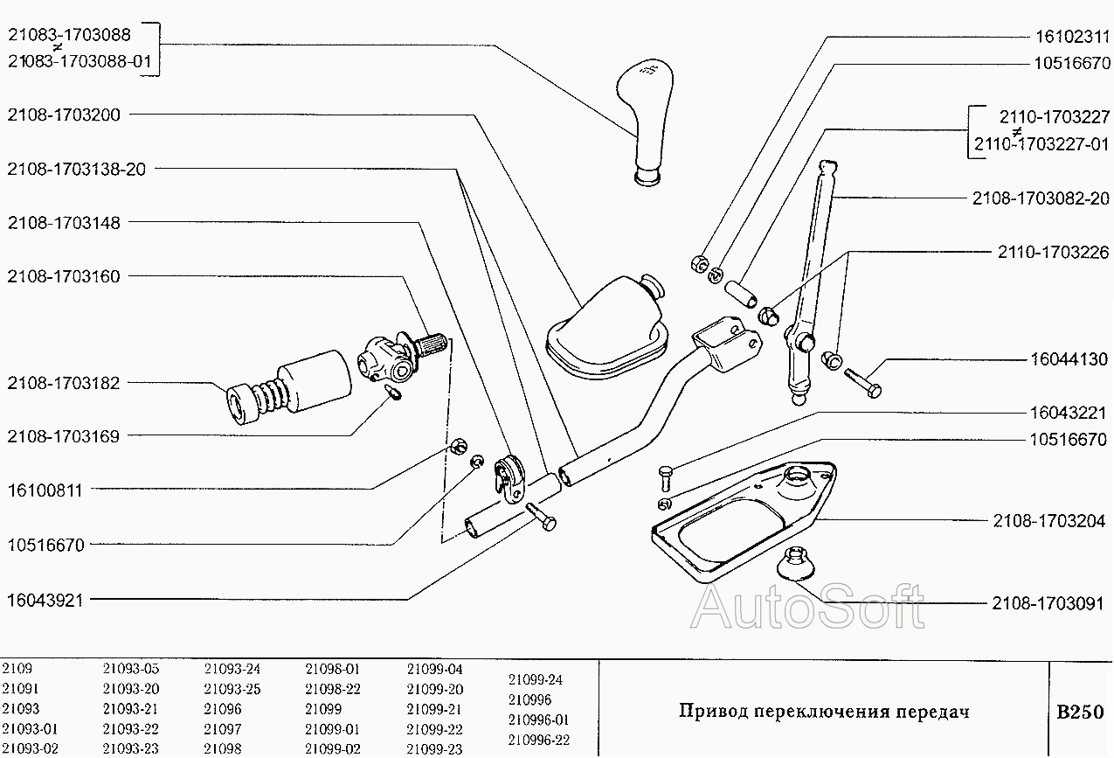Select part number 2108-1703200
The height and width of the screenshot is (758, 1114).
click(x=63, y=115)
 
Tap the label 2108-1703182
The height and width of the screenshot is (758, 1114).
click(x=63, y=383)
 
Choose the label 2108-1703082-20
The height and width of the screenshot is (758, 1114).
click(x=1041, y=198)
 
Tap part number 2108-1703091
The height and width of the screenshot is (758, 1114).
click(x=1048, y=603)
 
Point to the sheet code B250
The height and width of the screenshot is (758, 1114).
click(x=1080, y=712)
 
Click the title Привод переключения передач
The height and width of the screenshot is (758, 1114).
click(x=824, y=712)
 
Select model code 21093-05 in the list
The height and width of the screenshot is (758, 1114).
click(x=130, y=669)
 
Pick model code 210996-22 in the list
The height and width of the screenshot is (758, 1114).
click(x=538, y=740)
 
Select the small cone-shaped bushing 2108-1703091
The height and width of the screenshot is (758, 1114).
click(x=796, y=563)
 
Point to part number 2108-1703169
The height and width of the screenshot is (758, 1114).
click(x=63, y=436)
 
